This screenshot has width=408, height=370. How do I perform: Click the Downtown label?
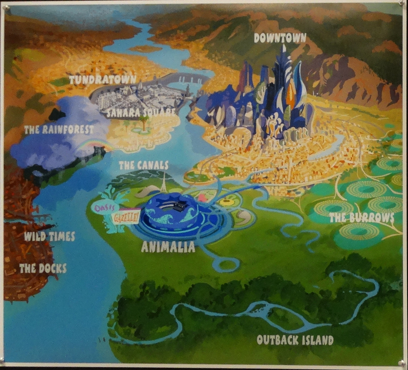[x=280, y=39]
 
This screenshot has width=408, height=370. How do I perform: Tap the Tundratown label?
[x=102, y=80]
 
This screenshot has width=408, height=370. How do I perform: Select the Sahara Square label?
[x=141, y=112]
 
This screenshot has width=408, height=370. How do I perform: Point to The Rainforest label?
[x=59, y=130]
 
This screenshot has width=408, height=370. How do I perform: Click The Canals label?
[x=144, y=165]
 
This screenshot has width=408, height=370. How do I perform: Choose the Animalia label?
[x=168, y=247]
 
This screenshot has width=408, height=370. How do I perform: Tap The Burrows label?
[x=362, y=218]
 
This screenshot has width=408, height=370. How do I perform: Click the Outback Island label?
[x=295, y=340]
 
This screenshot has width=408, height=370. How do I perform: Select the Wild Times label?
[x=49, y=236]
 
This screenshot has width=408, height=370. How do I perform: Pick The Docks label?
[x=43, y=268]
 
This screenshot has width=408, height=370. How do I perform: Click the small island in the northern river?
[x=145, y=49]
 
